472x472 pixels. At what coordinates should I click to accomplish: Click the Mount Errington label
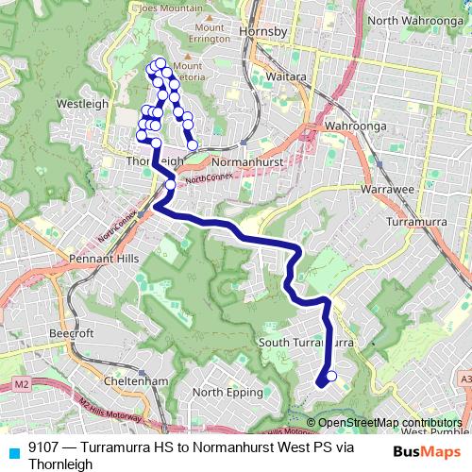[x=209, y=34]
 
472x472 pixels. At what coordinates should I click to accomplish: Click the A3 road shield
[x=464, y=379]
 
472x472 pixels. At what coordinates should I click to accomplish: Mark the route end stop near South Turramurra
[x=330, y=377]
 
